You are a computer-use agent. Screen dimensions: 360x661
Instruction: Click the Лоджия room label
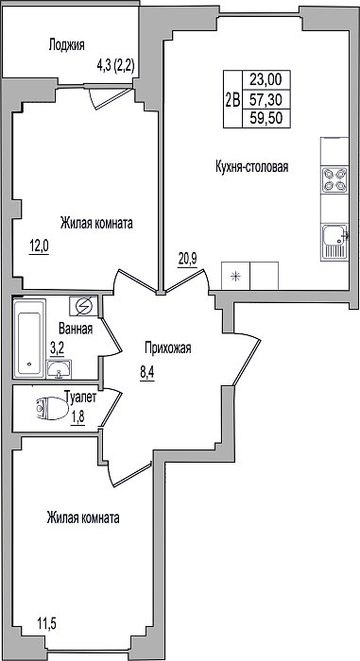coord(67,45)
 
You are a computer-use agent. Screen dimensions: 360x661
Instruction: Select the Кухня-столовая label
coord(251,166)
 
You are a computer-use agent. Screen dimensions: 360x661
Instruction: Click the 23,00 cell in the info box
coord(265,78)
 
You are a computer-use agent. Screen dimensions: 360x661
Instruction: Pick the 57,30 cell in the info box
coord(265,99)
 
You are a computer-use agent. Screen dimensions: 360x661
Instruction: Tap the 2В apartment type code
coord(232,100)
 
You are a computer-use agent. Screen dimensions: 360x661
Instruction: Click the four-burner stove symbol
coord(334,179)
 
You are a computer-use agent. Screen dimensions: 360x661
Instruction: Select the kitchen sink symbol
coord(334,242)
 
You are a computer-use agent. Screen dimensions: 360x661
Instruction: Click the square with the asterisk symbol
coord(236,276)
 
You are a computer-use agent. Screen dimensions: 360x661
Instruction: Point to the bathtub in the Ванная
coord(29,338)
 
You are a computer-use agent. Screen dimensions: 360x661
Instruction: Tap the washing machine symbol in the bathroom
coord(84,305)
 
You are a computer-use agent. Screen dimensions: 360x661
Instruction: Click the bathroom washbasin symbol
coord(60,370)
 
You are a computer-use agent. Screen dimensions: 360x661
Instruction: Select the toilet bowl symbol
coord(53,409)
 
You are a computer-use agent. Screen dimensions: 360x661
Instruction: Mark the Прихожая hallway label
coord(168,348)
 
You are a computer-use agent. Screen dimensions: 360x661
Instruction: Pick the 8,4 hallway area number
coord(146,373)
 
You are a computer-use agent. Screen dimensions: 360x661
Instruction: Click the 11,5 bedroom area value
coord(46,622)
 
